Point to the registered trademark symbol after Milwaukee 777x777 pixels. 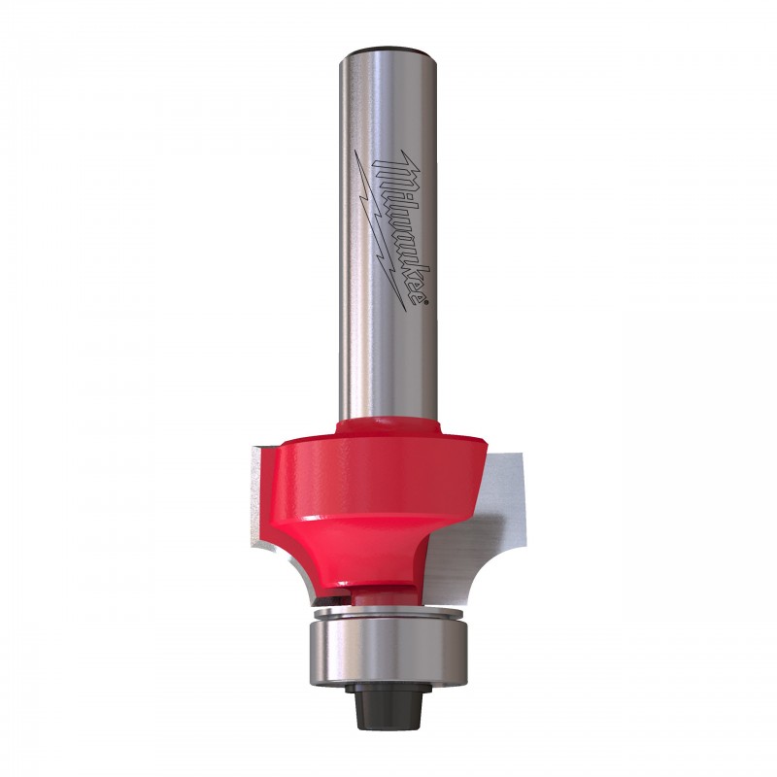pyautogui.click(x=422, y=300)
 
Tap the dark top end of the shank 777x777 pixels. pyautogui.click(x=387, y=51)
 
